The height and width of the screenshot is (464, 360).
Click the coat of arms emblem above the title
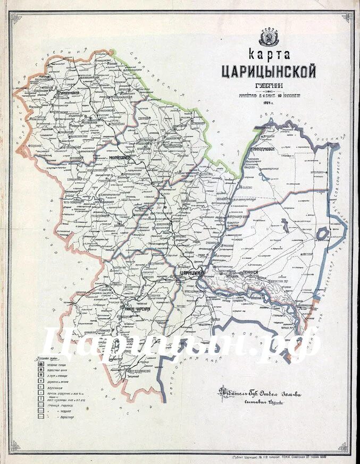pos(268,37)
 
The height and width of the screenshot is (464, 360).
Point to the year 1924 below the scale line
pos(268,103)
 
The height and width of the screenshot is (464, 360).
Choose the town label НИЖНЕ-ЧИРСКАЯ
pos(137,308)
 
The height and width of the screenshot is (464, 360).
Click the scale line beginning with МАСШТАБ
pos(268,96)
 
